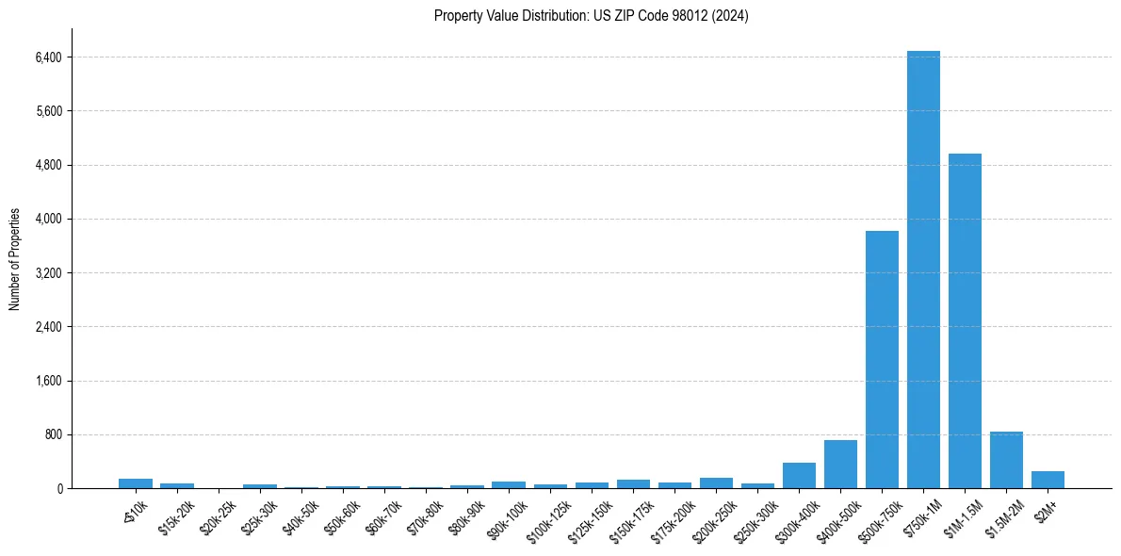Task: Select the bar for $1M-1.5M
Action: tap(965, 320)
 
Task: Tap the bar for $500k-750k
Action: tap(882, 359)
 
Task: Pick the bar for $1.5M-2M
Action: tap(1006, 460)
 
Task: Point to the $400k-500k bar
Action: tap(840, 465)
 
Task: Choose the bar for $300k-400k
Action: tap(799, 476)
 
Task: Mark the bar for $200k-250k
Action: tap(716, 483)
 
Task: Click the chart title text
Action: tap(591, 16)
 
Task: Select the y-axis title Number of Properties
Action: tap(15, 259)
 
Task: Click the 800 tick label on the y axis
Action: tap(53, 435)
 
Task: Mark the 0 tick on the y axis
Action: tap(58, 489)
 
